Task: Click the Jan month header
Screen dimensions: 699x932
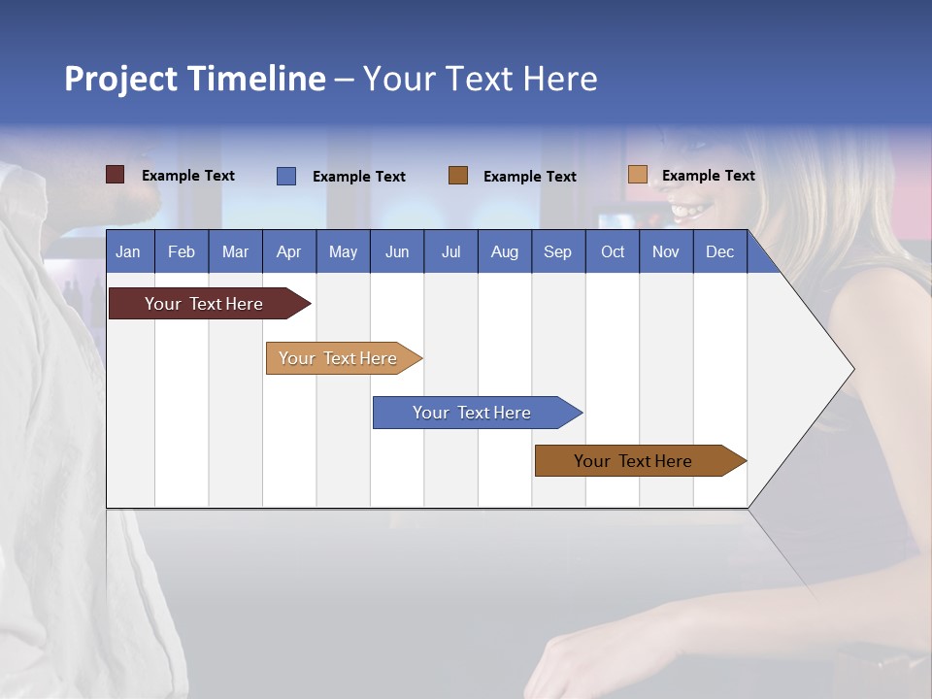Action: coord(129,251)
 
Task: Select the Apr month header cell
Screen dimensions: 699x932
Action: coord(289,251)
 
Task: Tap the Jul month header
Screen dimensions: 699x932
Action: coord(450,251)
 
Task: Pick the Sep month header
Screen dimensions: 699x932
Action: coord(557,251)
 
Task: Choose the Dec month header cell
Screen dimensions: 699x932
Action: coord(719,251)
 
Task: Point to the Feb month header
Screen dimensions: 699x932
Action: coord(182,251)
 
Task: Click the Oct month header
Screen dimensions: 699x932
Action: coord(613,251)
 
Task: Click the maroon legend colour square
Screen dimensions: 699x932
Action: coord(116,175)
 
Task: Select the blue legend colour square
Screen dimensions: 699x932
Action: coord(286,176)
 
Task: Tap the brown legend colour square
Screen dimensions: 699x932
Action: coord(458,176)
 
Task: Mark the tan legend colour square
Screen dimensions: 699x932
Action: coord(638,175)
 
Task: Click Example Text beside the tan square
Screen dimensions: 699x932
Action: coord(708,176)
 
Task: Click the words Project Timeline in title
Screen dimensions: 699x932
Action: coord(195,79)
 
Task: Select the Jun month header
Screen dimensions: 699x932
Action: coord(397,251)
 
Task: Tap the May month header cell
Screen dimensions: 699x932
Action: coord(343,251)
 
